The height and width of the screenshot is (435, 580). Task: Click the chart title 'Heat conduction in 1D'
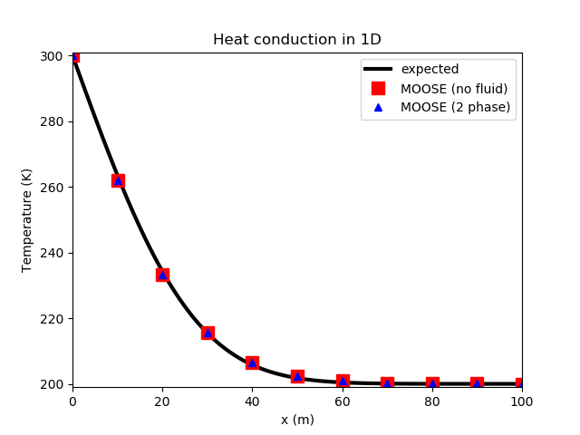(x=297, y=40)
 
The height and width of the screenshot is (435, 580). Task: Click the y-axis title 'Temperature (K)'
(x=27, y=220)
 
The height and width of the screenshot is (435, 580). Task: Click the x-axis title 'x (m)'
(x=297, y=420)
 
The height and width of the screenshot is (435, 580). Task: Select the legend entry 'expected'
(x=430, y=69)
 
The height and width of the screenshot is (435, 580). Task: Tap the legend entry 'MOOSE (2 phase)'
(x=455, y=107)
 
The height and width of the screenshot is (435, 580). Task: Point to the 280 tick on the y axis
(x=54, y=121)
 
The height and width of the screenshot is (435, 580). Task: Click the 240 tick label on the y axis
(x=54, y=253)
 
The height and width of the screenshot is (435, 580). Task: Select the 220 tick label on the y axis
(x=54, y=319)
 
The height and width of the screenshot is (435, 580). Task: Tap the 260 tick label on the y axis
(x=54, y=188)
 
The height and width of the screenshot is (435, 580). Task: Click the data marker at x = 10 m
(x=118, y=180)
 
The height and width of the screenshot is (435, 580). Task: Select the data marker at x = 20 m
(x=162, y=275)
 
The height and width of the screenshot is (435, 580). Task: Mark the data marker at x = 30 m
(x=208, y=333)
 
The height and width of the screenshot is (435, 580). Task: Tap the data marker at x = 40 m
(x=252, y=362)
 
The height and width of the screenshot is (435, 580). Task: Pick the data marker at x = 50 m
(x=297, y=375)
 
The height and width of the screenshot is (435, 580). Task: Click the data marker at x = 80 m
(x=432, y=383)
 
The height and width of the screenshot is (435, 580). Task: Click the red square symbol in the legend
(x=378, y=88)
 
